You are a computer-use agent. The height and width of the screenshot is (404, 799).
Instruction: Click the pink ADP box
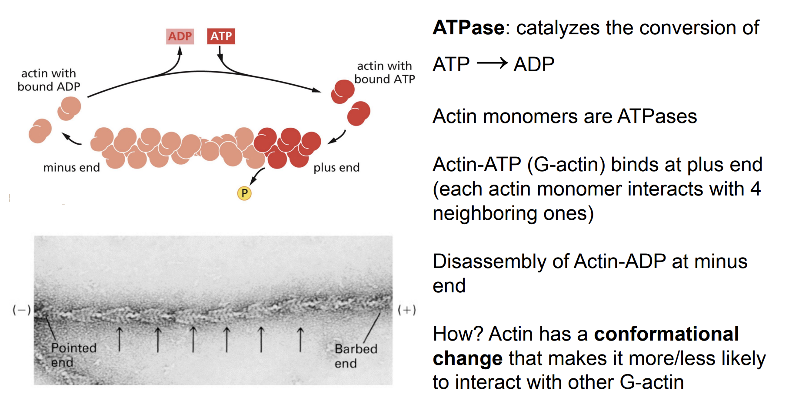pyautogui.click(x=180, y=36)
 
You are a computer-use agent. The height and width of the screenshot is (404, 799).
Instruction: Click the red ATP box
pyautogui.click(x=221, y=36)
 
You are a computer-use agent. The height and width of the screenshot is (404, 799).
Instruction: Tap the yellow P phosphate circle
pyautogui.click(x=244, y=193)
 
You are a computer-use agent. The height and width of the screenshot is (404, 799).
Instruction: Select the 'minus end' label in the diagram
pyautogui.click(x=71, y=168)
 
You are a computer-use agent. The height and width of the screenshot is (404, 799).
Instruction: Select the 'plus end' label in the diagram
pyautogui.click(x=336, y=168)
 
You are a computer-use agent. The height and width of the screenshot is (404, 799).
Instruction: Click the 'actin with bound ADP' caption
pyautogui.click(x=49, y=80)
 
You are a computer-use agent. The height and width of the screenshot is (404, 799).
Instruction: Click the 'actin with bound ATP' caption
pyautogui.click(x=384, y=73)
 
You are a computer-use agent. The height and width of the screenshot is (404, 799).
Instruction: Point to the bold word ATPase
pyautogui.click(x=469, y=28)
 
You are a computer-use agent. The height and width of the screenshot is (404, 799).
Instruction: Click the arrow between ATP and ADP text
pyautogui.click(x=492, y=63)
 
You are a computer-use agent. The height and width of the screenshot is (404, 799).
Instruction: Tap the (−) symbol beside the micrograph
pyautogui.click(x=21, y=310)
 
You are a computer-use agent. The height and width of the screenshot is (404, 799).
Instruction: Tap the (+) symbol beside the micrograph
pyautogui.click(x=407, y=310)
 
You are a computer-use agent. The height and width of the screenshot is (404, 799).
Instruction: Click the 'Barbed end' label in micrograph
pyautogui.click(x=355, y=356)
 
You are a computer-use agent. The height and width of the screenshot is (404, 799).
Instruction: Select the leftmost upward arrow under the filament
pyautogui.click(x=120, y=340)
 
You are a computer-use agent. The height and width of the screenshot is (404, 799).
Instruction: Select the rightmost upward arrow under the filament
pyautogui.click(x=300, y=340)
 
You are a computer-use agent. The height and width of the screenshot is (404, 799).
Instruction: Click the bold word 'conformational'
pyautogui.click(x=666, y=334)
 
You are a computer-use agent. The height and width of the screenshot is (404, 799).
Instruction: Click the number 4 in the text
pyautogui.click(x=756, y=189)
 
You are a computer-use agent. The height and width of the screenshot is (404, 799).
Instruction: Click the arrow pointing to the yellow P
pyautogui.click(x=257, y=176)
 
